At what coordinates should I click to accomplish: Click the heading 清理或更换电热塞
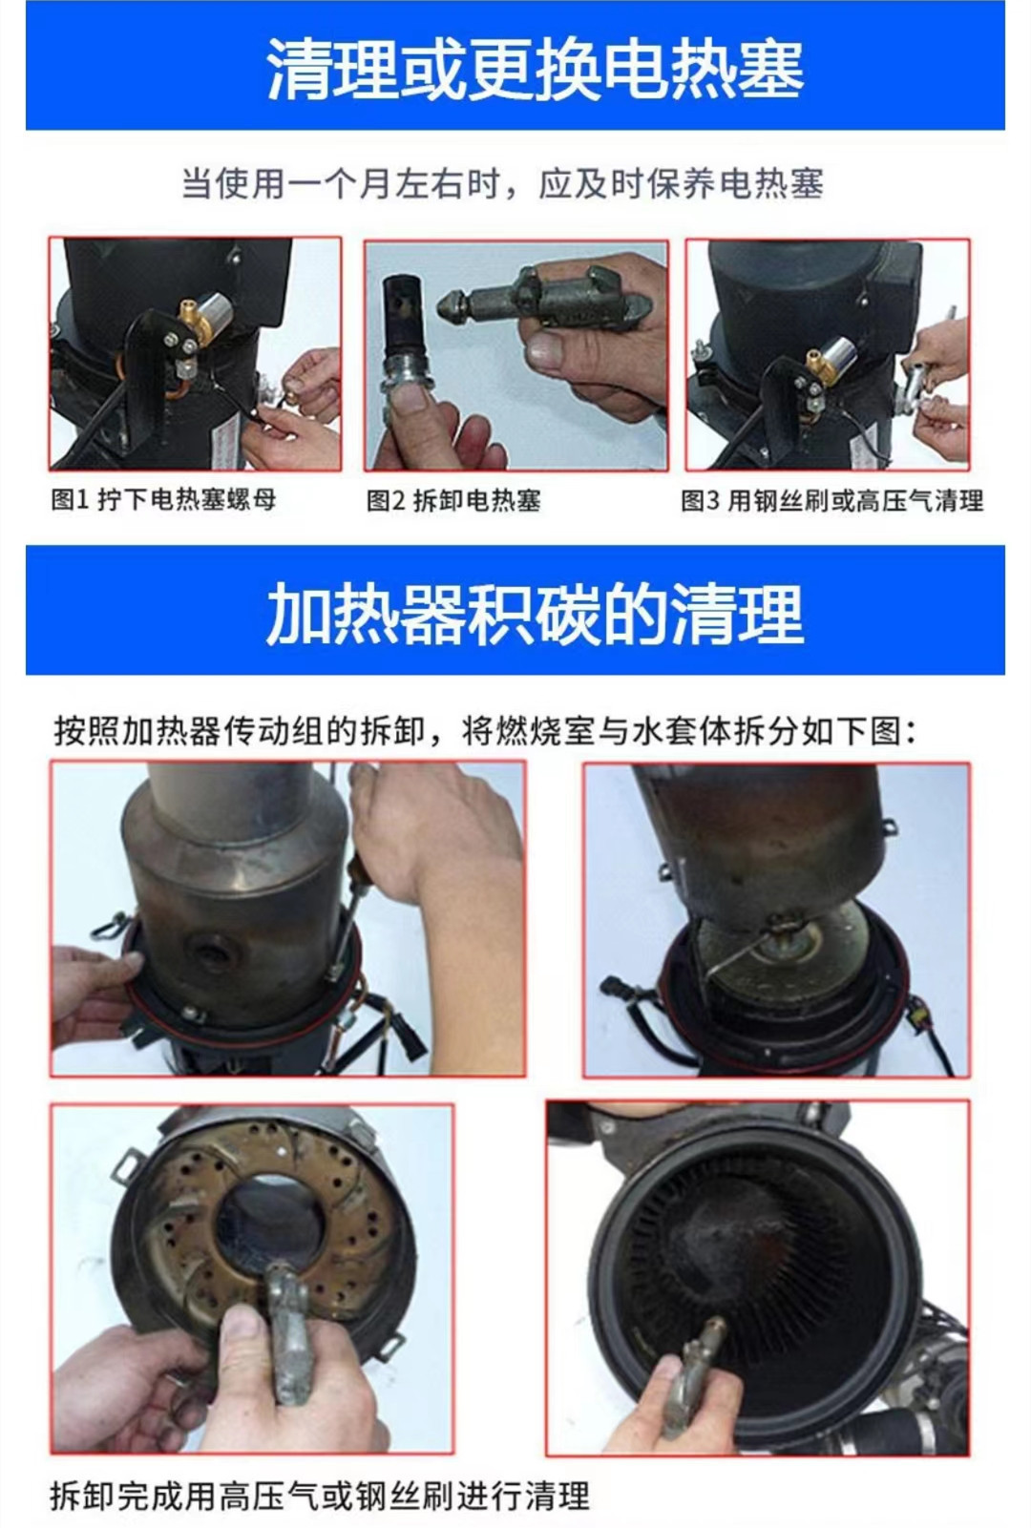(535, 69)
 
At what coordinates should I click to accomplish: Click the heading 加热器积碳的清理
(535, 614)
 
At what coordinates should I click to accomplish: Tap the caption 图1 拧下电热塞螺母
(163, 499)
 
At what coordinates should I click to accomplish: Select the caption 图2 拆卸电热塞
(453, 500)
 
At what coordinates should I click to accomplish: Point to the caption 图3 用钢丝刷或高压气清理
(831, 500)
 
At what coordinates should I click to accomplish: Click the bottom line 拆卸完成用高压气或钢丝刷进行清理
(320, 1495)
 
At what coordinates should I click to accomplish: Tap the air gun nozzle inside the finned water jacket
(711, 1332)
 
